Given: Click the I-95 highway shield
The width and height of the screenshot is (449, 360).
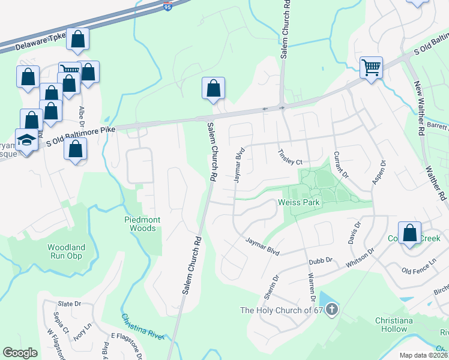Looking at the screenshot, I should [x=167, y=7].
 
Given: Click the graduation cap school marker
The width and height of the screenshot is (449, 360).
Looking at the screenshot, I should [x=26, y=140].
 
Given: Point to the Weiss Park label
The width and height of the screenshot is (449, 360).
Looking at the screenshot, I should [x=300, y=202].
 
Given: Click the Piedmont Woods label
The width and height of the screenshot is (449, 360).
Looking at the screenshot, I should [x=142, y=224].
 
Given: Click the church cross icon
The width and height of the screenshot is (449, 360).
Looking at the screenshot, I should [x=331, y=310].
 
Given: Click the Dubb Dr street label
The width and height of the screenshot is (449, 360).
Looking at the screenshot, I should [x=320, y=262].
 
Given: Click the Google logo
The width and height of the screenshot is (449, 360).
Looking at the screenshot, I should [x=20, y=353].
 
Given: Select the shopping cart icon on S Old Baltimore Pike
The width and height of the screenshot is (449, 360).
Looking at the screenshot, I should [x=372, y=67].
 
